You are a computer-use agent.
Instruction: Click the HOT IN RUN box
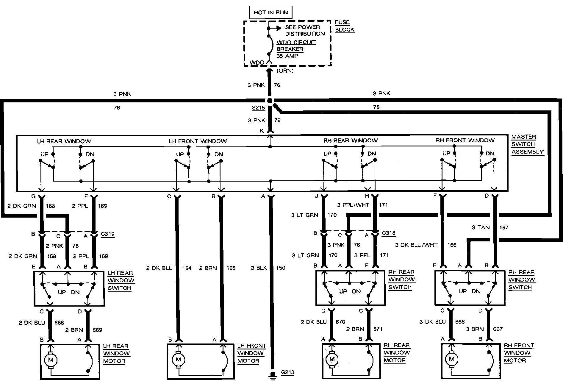270,13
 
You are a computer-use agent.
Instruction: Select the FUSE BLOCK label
345,26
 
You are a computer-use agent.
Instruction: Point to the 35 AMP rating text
287,56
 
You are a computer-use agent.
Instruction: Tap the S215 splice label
258,108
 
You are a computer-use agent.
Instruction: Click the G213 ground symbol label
287,372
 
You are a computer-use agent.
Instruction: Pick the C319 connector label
107,234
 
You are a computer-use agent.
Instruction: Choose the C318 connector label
388,233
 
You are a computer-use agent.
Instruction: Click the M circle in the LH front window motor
179,360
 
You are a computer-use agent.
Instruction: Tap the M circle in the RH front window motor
452,359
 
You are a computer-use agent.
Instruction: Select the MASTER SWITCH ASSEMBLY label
527,144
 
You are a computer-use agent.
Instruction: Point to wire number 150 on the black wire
281,268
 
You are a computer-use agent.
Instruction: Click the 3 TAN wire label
481,227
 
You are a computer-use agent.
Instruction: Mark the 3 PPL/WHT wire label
353,205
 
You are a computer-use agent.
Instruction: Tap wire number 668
59,323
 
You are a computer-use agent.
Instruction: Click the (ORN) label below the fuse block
285,71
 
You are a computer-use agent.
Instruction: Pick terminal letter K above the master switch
262,131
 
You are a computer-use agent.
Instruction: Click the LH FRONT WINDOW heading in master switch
198,141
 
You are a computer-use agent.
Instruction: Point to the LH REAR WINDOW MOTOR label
116,354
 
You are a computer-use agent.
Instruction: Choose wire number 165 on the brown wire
231,268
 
